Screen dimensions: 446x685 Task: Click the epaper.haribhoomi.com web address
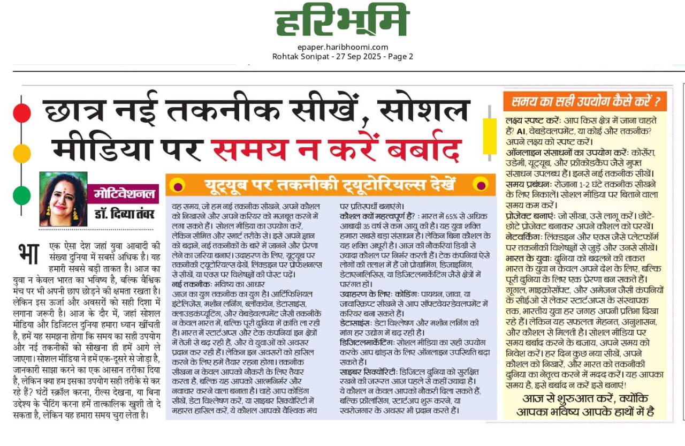click(342, 47)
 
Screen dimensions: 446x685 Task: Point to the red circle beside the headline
click(22, 113)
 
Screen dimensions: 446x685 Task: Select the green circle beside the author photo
click(22, 195)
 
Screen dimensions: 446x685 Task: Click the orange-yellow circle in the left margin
click(22, 154)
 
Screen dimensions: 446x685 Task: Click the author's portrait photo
click(63, 199)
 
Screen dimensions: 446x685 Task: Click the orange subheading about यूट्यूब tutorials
click(330, 185)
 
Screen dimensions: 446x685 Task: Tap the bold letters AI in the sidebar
click(521, 131)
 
